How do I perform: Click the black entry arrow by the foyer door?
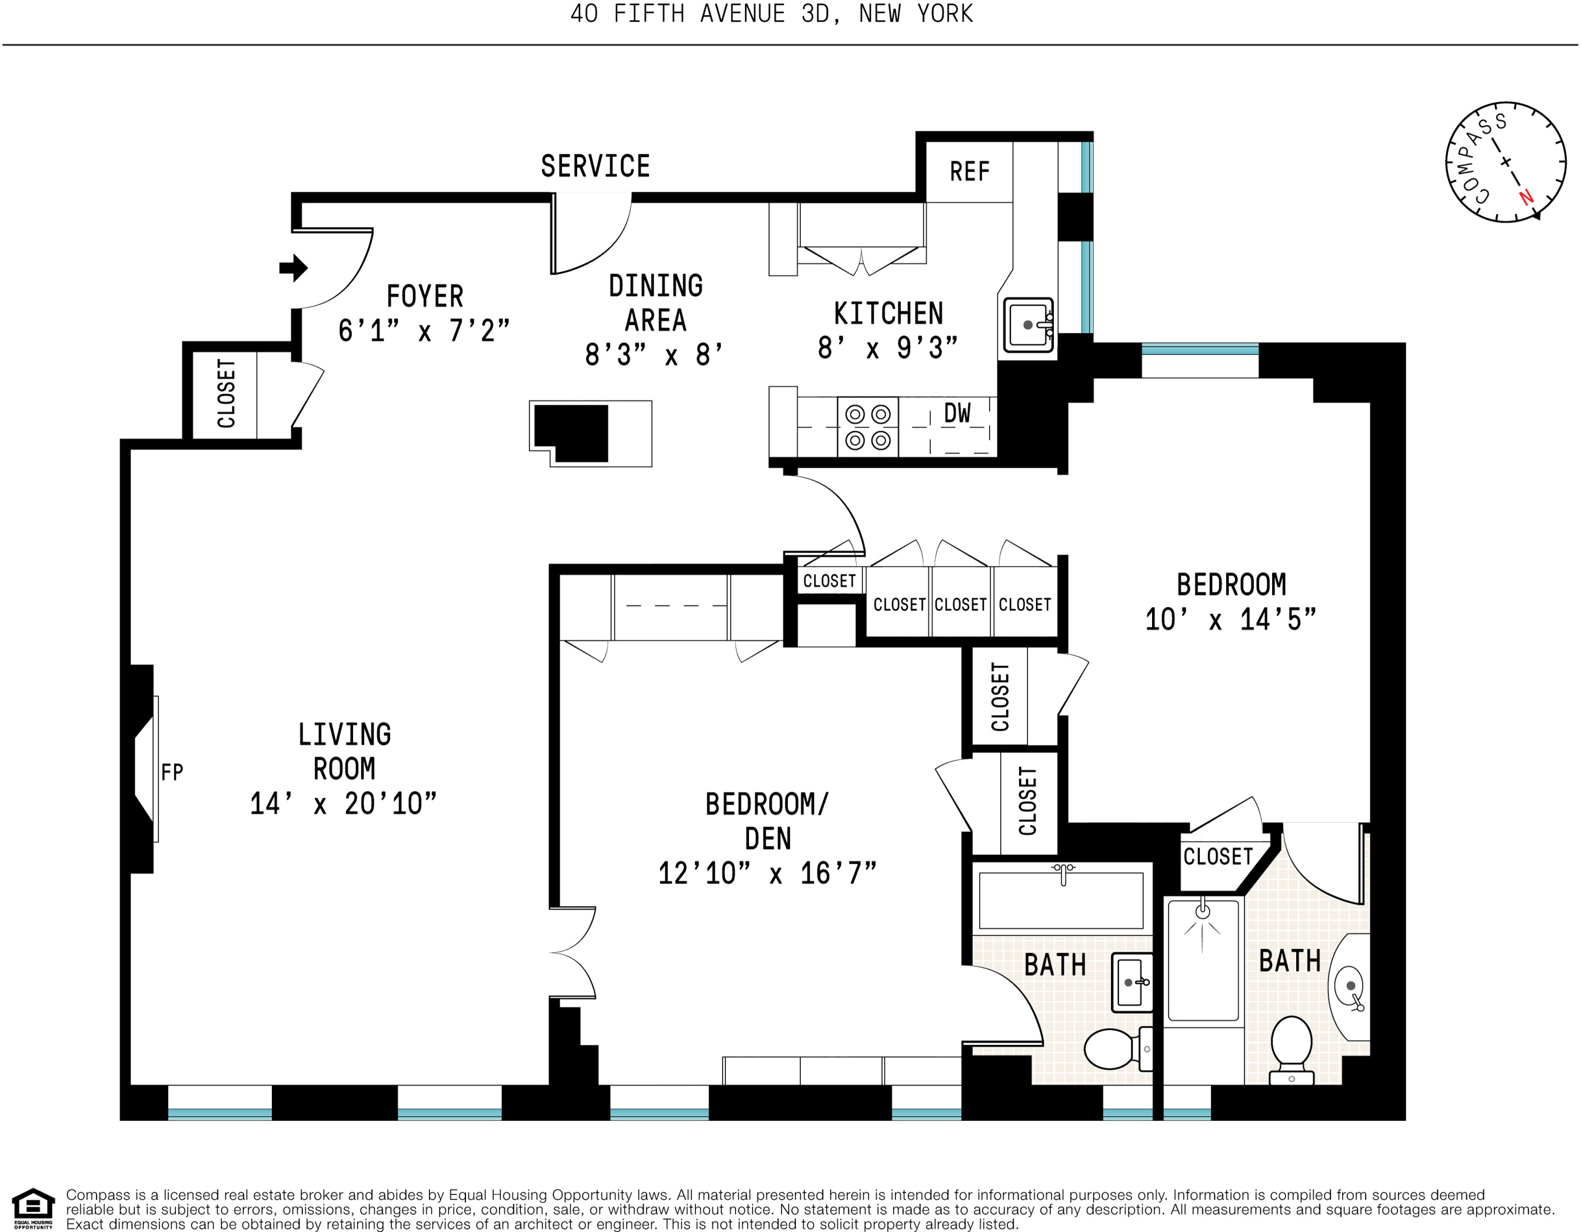(x=293, y=268)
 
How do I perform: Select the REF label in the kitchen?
(x=969, y=172)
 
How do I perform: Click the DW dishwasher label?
(x=957, y=414)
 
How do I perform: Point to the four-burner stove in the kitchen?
(x=868, y=427)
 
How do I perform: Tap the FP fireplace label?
(x=172, y=773)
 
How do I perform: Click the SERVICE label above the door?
(x=595, y=167)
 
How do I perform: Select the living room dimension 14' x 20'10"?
(x=343, y=804)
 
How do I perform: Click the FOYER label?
(x=425, y=297)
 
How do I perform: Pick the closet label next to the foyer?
(x=226, y=393)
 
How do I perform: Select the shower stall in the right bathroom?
(x=1203, y=959)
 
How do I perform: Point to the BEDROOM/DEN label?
(x=767, y=821)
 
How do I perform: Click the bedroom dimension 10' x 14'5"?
(x=1230, y=620)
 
